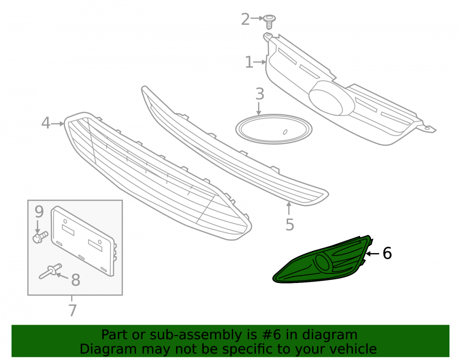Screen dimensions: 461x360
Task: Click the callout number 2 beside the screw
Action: pyautogui.click(x=245, y=19)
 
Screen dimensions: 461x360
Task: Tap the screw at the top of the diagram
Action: pyautogui.click(x=269, y=22)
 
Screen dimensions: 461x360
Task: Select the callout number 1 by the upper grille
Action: pyautogui.click(x=249, y=62)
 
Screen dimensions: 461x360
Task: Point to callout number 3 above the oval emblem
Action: pyautogui.click(x=260, y=94)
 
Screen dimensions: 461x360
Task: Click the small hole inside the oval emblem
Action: pyautogui.click(x=285, y=132)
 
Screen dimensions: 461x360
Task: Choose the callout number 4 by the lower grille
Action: pyautogui.click(x=46, y=123)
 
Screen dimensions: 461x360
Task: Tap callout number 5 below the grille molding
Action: pyautogui.click(x=290, y=224)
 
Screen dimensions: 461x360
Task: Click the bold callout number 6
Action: pyautogui.click(x=387, y=254)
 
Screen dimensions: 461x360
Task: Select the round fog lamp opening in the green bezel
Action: pyautogui.click(x=323, y=261)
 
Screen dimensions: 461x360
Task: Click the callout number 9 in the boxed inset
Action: pyautogui.click(x=39, y=212)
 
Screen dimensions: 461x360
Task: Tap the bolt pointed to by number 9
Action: pyautogui.click(x=40, y=237)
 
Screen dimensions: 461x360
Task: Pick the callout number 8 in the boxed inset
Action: pyautogui.click(x=76, y=280)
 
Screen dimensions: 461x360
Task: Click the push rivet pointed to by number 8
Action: pyautogui.click(x=50, y=271)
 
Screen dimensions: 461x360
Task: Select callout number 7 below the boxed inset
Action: pyautogui.click(x=73, y=310)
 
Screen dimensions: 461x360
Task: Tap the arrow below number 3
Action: pyautogui.click(x=259, y=108)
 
